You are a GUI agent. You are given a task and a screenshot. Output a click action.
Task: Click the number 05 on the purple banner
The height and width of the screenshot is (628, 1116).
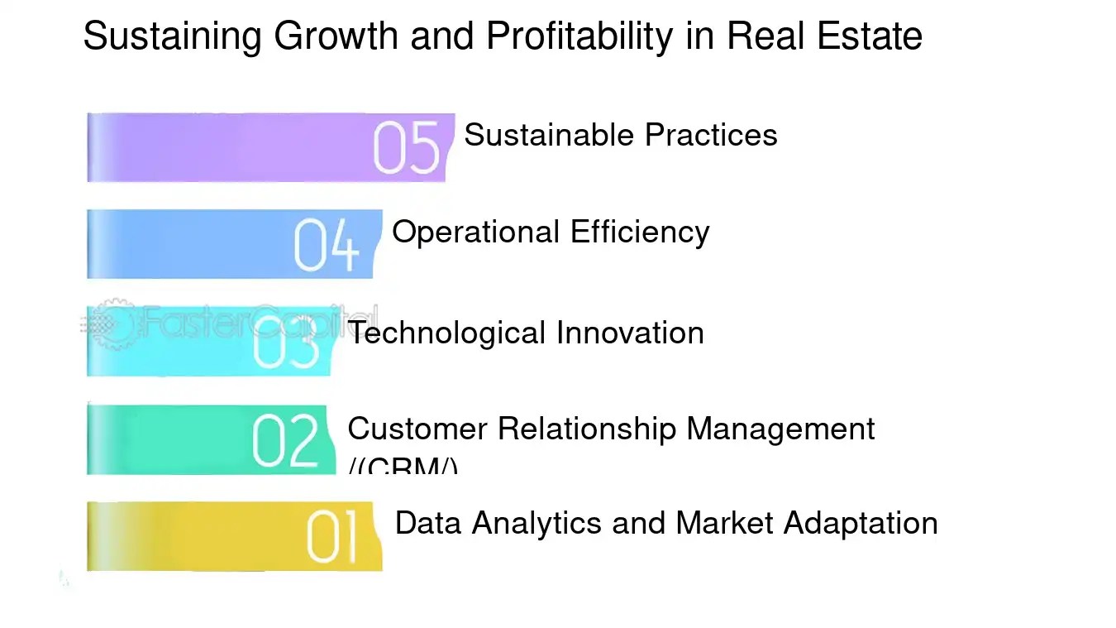[x=406, y=148]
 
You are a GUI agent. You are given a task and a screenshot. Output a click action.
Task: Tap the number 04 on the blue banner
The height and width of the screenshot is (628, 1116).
[x=327, y=245]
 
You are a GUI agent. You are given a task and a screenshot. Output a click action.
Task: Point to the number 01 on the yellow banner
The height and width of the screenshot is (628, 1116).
[x=332, y=537]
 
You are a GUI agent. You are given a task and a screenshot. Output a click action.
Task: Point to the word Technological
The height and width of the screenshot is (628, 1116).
[x=447, y=333]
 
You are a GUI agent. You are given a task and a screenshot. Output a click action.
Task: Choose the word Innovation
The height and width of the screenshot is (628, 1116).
[x=630, y=333]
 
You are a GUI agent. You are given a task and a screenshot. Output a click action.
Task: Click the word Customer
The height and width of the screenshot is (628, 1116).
[x=417, y=429]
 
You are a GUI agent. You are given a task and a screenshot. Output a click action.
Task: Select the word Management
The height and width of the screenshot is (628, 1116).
[x=780, y=429]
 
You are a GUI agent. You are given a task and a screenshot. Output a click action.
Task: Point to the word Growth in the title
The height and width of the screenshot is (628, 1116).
[x=336, y=36]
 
